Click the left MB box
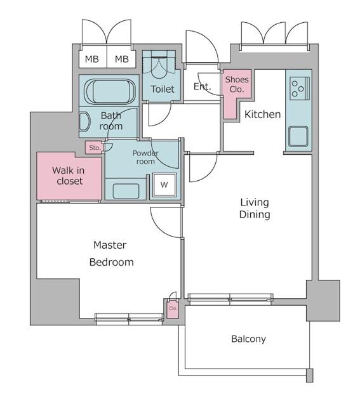point(92,60)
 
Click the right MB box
point(121,60)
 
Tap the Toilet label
point(163,89)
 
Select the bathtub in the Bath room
point(110,91)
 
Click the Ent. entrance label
point(202,87)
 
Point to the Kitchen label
point(262,115)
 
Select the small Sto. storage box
point(95,148)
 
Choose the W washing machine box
point(164,185)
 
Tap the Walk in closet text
point(67,176)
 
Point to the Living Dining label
point(255,209)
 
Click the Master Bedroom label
point(110,253)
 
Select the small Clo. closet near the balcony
point(173,308)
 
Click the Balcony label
point(248,339)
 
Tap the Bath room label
point(110,121)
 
